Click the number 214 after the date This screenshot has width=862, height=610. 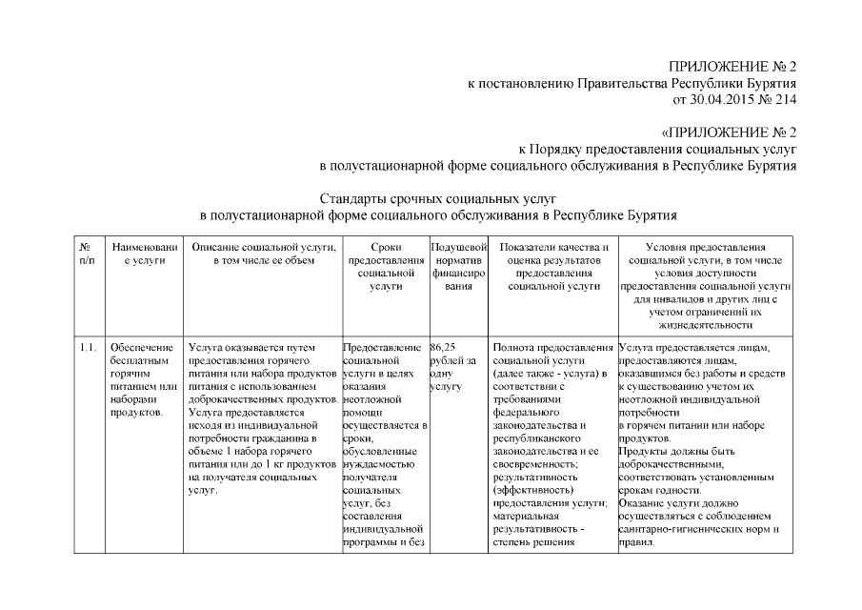[787, 99]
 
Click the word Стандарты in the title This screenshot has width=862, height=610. [351, 200]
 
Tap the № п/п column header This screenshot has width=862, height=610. [87, 254]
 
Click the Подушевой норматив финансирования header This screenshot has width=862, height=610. [458, 266]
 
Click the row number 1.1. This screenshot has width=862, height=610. [88, 347]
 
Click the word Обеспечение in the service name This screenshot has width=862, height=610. [141, 347]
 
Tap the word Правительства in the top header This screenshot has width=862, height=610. [622, 84]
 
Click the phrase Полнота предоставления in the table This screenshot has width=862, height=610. [552, 347]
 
